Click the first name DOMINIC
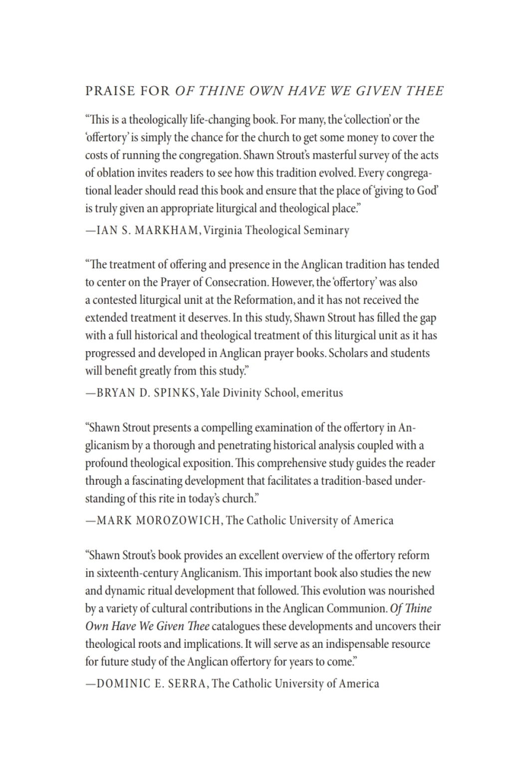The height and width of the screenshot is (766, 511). click(x=126, y=683)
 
